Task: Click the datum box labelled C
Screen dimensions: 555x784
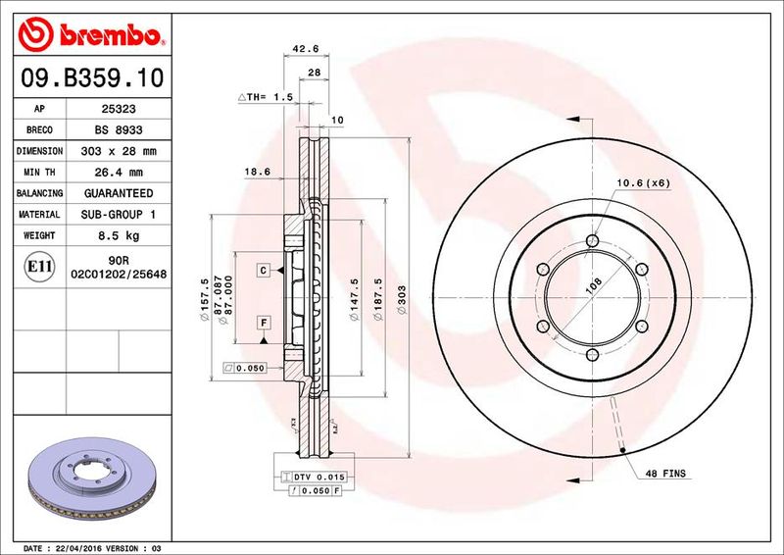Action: tap(265, 269)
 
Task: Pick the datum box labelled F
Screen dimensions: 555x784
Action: tap(265, 322)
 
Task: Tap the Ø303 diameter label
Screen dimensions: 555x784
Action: tap(402, 294)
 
